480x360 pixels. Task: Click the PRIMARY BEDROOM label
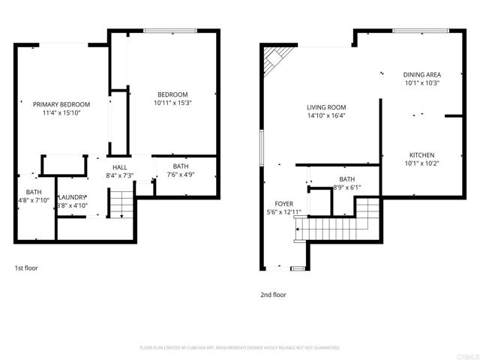(x=61, y=104)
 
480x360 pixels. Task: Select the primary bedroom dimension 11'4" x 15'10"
(x=61, y=112)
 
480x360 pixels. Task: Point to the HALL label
(x=119, y=166)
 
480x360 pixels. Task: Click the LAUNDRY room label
(x=73, y=176)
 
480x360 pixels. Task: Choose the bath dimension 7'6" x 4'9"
(x=181, y=175)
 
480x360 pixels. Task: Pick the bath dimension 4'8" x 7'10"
(x=34, y=200)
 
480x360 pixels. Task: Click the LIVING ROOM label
(x=325, y=107)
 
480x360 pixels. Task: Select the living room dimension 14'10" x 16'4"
(x=325, y=115)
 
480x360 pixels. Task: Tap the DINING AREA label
(x=421, y=74)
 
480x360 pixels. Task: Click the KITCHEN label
(x=421, y=155)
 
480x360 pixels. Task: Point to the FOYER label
(x=283, y=203)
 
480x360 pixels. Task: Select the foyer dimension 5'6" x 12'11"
(x=283, y=211)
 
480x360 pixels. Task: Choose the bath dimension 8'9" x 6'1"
(x=346, y=187)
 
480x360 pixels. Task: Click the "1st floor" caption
(x=25, y=268)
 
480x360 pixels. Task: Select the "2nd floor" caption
(x=272, y=295)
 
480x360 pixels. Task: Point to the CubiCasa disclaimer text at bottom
(x=240, y=348)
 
